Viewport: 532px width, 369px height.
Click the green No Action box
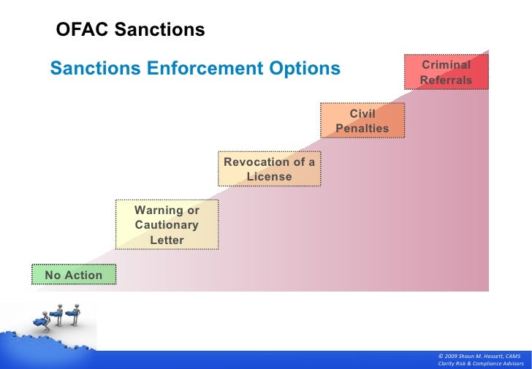pos(74,275)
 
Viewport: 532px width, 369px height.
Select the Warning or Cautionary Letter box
pos(167,225)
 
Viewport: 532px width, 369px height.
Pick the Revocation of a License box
pos(269,169)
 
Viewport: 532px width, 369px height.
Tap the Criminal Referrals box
pos(446,72)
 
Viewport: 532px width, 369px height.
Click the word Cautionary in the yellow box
pos(167,225)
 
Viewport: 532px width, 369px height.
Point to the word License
pos(269,177)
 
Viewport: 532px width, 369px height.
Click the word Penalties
pos(362,129)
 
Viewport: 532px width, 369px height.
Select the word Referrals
pos(446,80)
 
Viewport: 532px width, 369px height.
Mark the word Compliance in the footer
pos(488,363)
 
